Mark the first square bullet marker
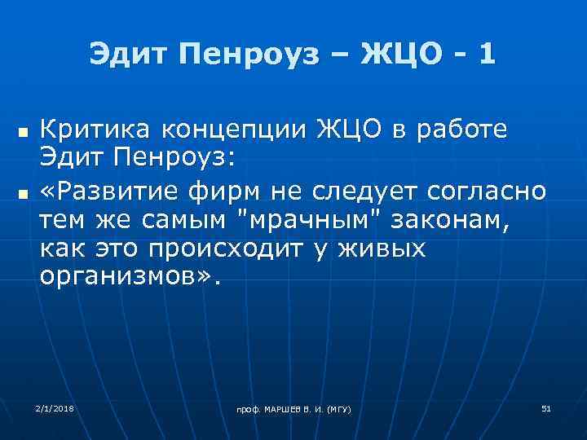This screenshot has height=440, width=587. point(23,130)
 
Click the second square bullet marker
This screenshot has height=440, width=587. point(23,192)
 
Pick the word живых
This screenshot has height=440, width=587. point(383,249)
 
